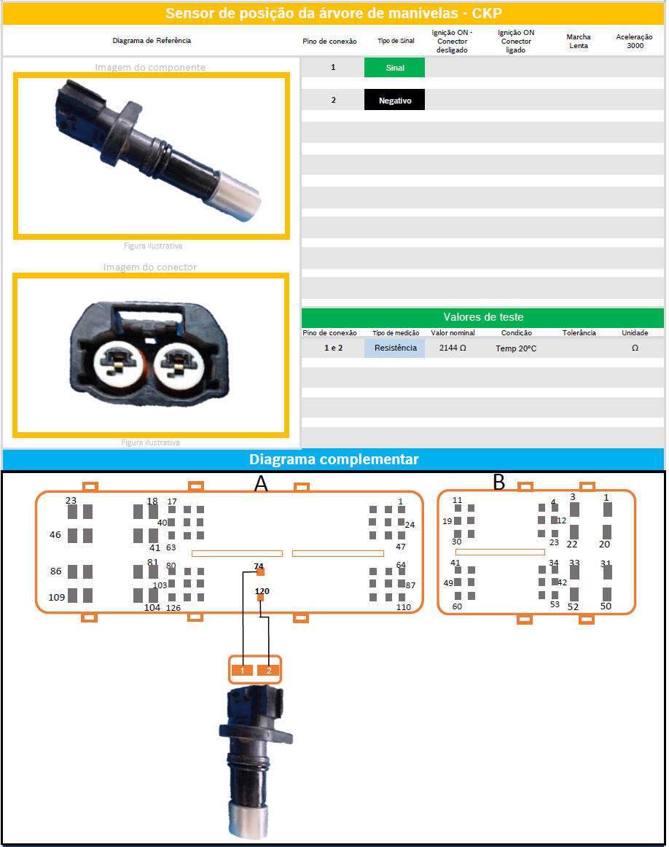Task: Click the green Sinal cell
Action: [x=394, y=68]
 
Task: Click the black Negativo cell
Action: [x=394, y=100]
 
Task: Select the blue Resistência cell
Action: [x=395, y=348]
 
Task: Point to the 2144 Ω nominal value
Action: [x=453, y=348]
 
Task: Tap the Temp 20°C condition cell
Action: [x=516, y=348]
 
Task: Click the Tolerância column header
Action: [x=579, y=332]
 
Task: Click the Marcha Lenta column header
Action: [x=579, y=41]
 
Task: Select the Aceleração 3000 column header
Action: [x=635, y=41]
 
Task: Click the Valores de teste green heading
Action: [x=482, y=317]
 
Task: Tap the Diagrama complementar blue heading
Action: [x=333, y=459]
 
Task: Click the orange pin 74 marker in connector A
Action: [x=260, y=572]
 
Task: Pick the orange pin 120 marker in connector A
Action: [x=260, y=598]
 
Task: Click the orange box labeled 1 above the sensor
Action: [x=243, y=671]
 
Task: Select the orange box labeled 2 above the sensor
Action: [x=268, y=671]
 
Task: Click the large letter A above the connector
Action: [x=261, y=483]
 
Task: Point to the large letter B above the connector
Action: [x=499, y=482]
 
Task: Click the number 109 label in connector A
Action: [x=57, y=598]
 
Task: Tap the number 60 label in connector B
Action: [x=457, y=606]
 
